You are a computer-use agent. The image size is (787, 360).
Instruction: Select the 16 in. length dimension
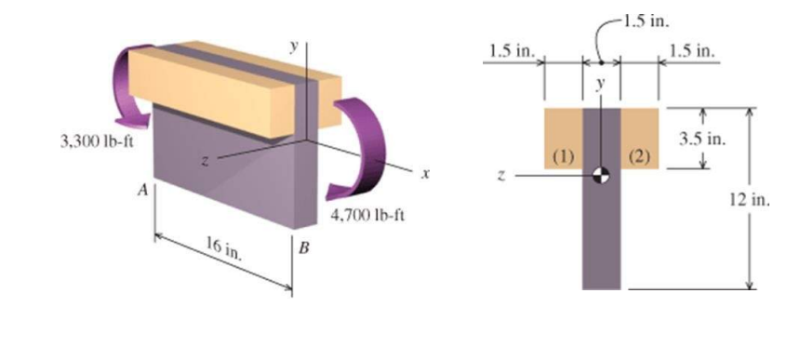coord(219,248)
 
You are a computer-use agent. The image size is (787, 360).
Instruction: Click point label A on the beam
coord(141,189)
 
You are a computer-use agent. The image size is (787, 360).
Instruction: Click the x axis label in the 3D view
coord(424,172)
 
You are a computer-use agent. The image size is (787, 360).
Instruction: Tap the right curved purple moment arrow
coord(358,140)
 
